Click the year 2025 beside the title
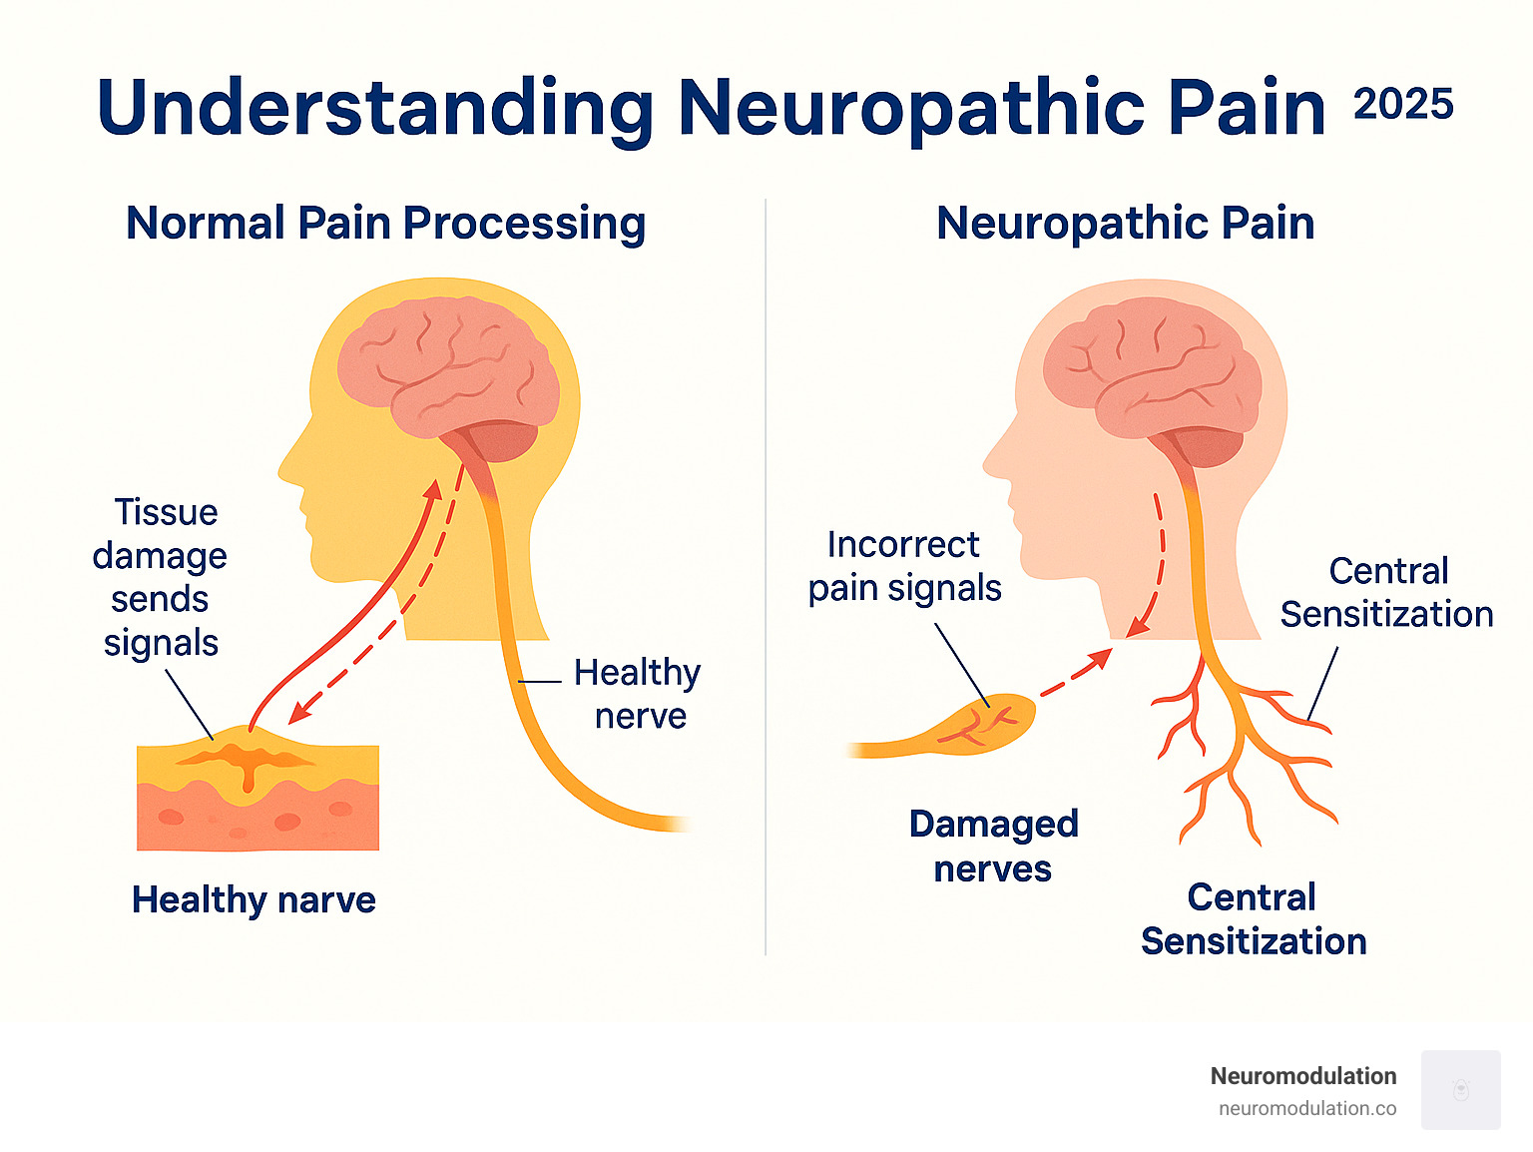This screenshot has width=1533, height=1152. [1402, 104]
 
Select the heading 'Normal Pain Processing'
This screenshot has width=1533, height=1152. [385, 223]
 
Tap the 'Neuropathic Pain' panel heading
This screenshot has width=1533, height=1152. [1125, 223]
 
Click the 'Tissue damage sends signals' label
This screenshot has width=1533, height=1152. [161, 577]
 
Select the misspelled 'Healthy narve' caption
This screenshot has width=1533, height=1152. [254, 899]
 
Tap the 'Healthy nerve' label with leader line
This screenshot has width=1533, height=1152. [638, 694]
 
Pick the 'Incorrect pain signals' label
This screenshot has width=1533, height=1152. [904, 566]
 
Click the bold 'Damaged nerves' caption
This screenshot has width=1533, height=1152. [993, 846]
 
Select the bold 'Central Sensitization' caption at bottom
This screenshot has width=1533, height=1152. [1254, 918]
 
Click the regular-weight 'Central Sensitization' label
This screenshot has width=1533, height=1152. [1386, 592]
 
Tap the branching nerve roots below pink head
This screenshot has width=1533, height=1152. [1243, 759]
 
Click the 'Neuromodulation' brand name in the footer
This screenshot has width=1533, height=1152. [1302, 1076]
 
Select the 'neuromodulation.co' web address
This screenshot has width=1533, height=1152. [1306, 1108]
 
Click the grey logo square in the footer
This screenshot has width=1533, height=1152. [1460, 1089]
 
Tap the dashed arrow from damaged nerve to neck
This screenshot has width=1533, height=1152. [1076, 674]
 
